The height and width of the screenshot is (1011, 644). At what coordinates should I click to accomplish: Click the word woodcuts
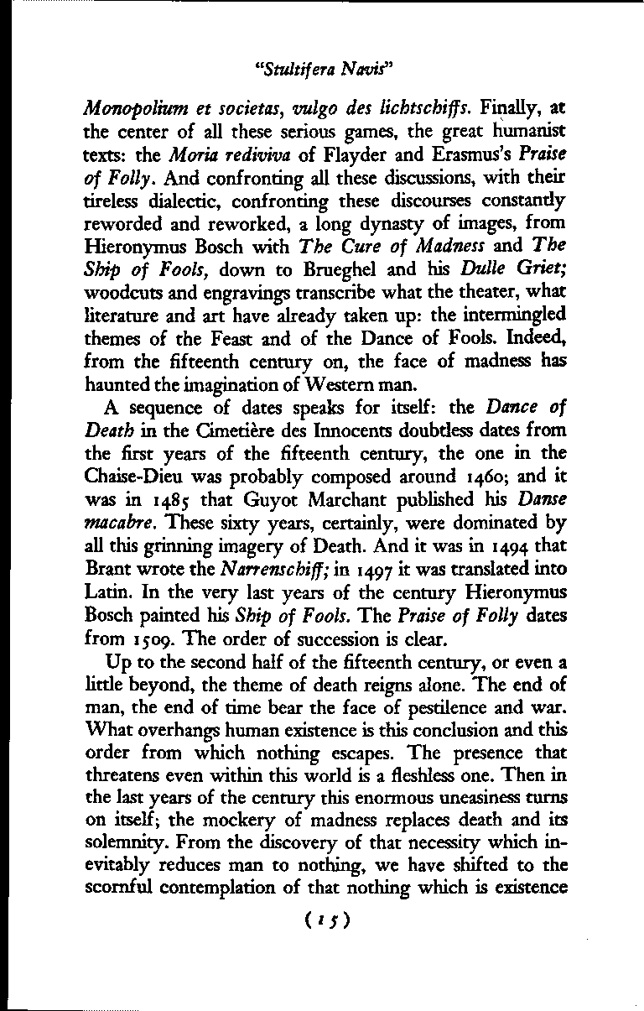pos(122,290)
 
